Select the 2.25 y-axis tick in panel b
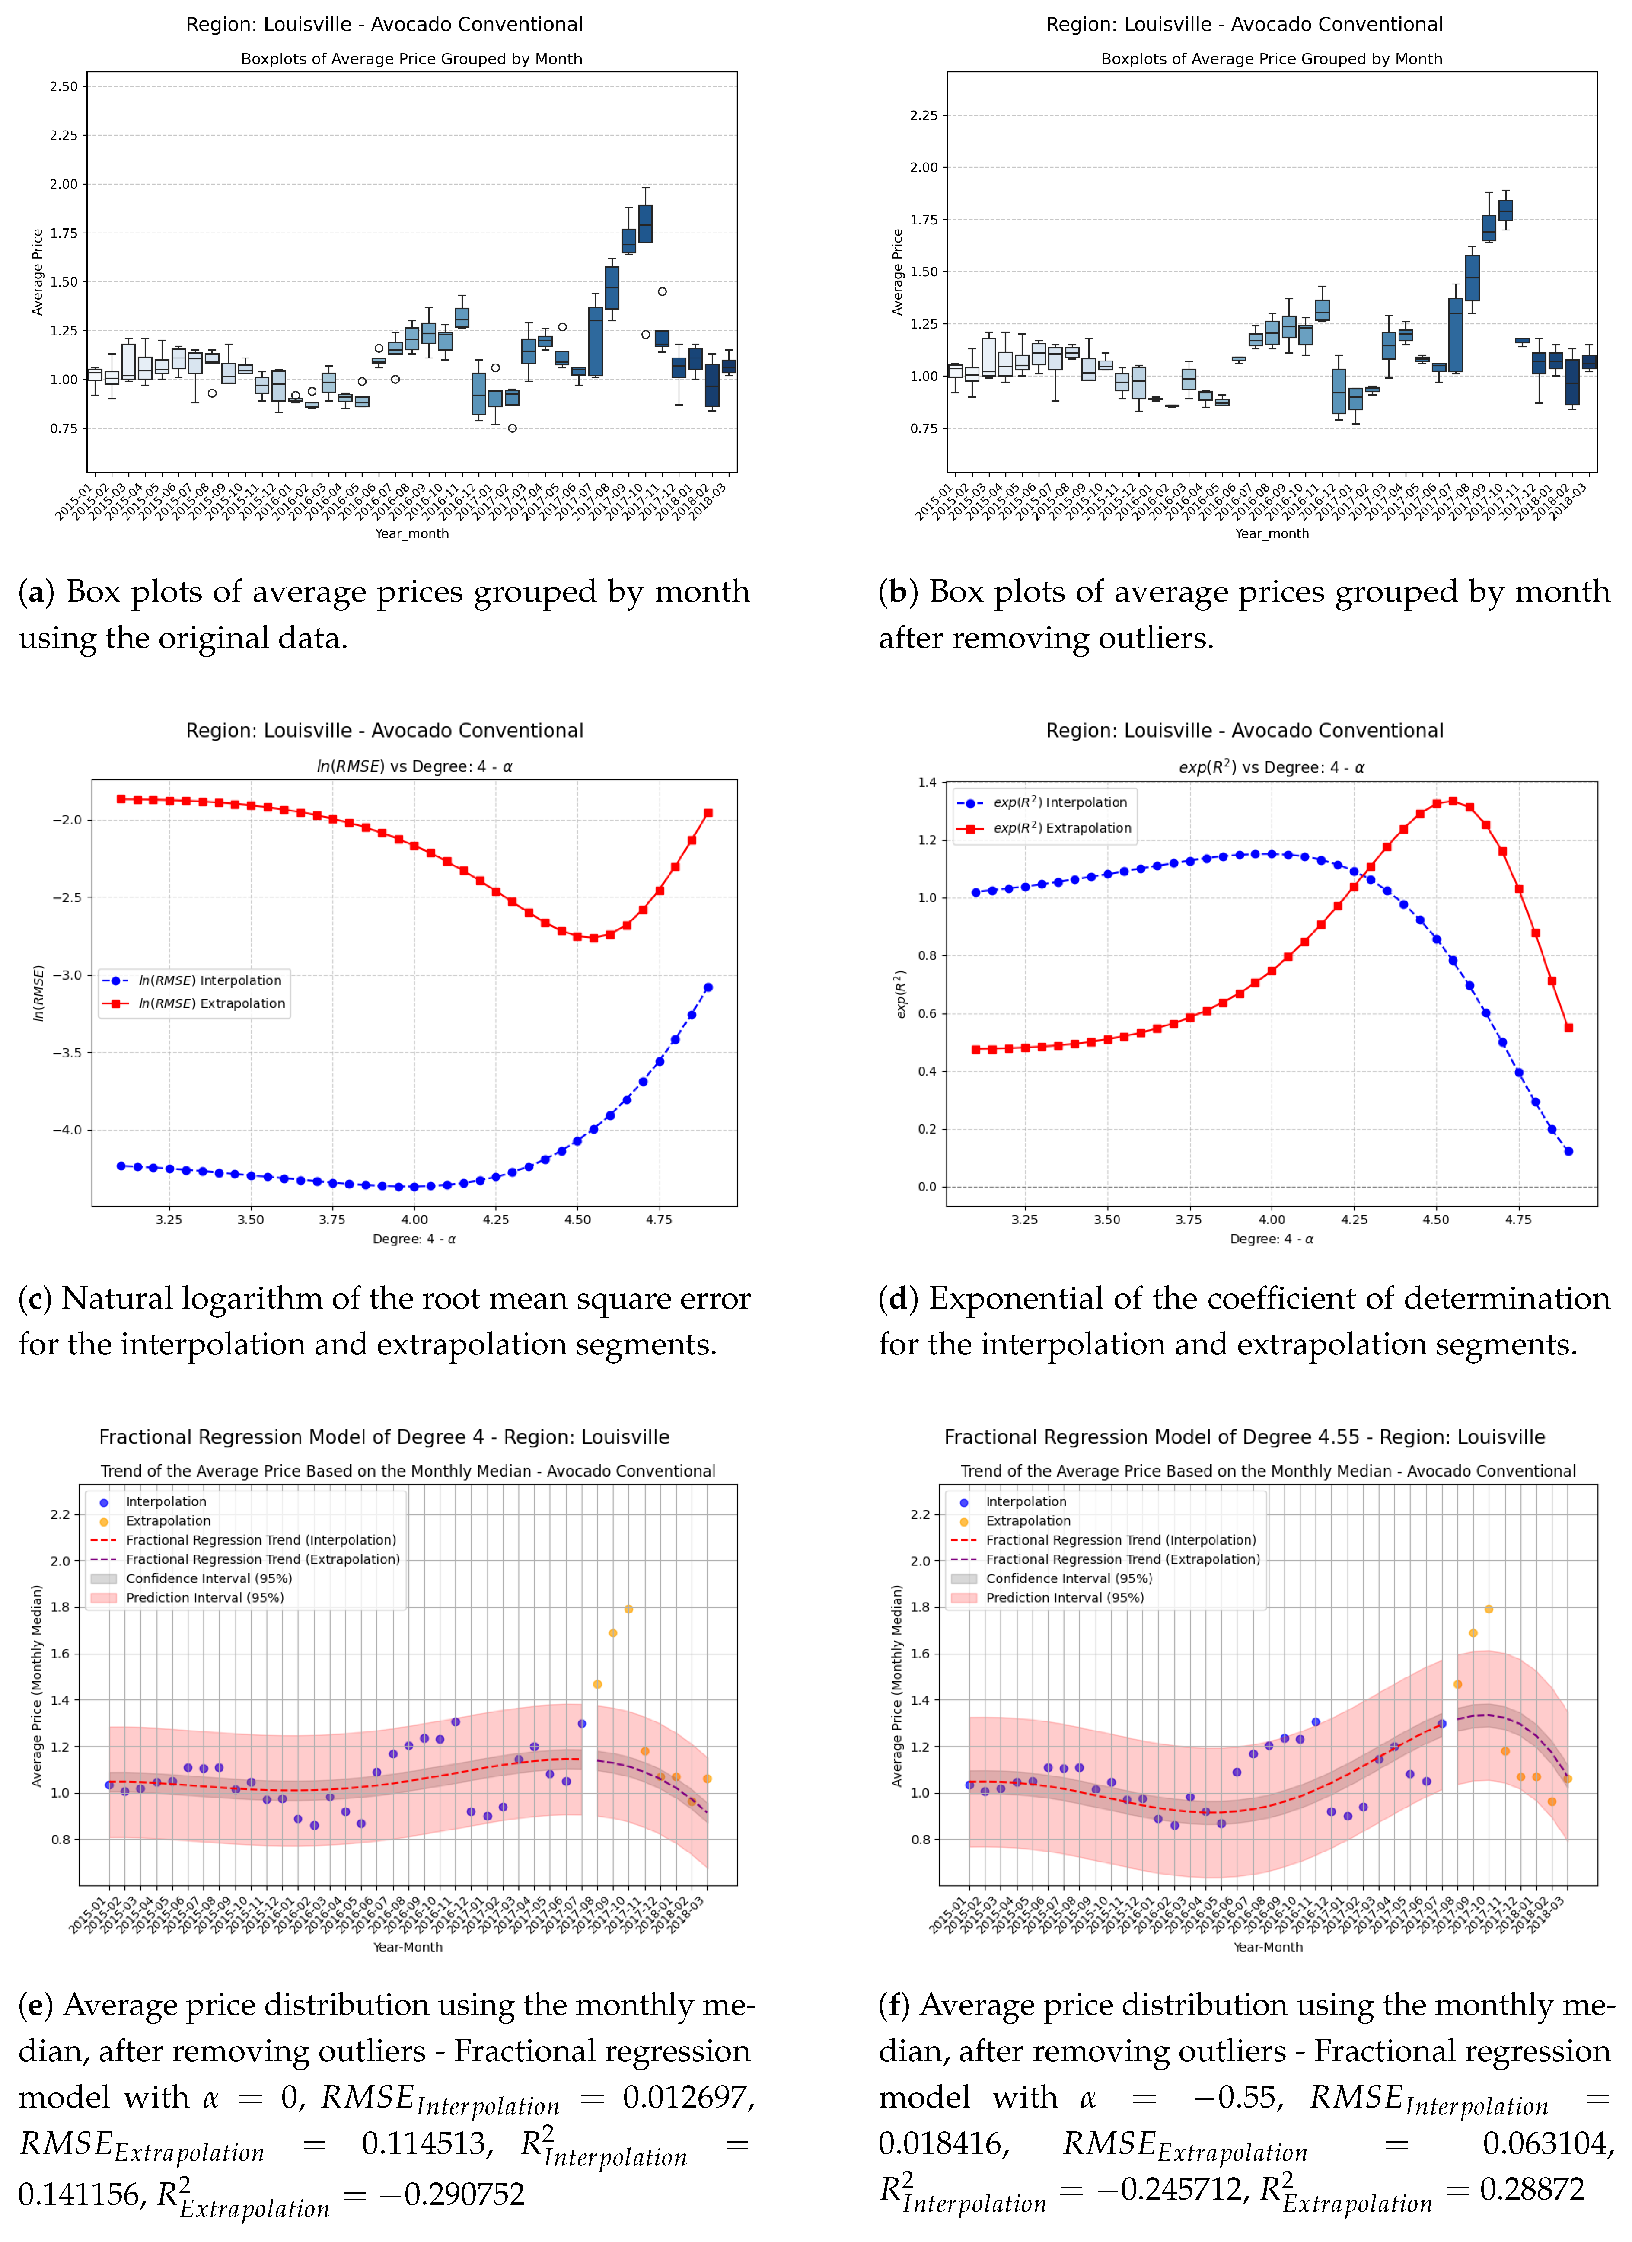(923, 116)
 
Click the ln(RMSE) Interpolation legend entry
(210, 980)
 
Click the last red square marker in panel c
(708, 813)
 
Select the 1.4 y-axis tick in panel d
(926, 782)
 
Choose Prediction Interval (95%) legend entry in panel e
(204, 1597)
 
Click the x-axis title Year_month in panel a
(411, 534)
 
